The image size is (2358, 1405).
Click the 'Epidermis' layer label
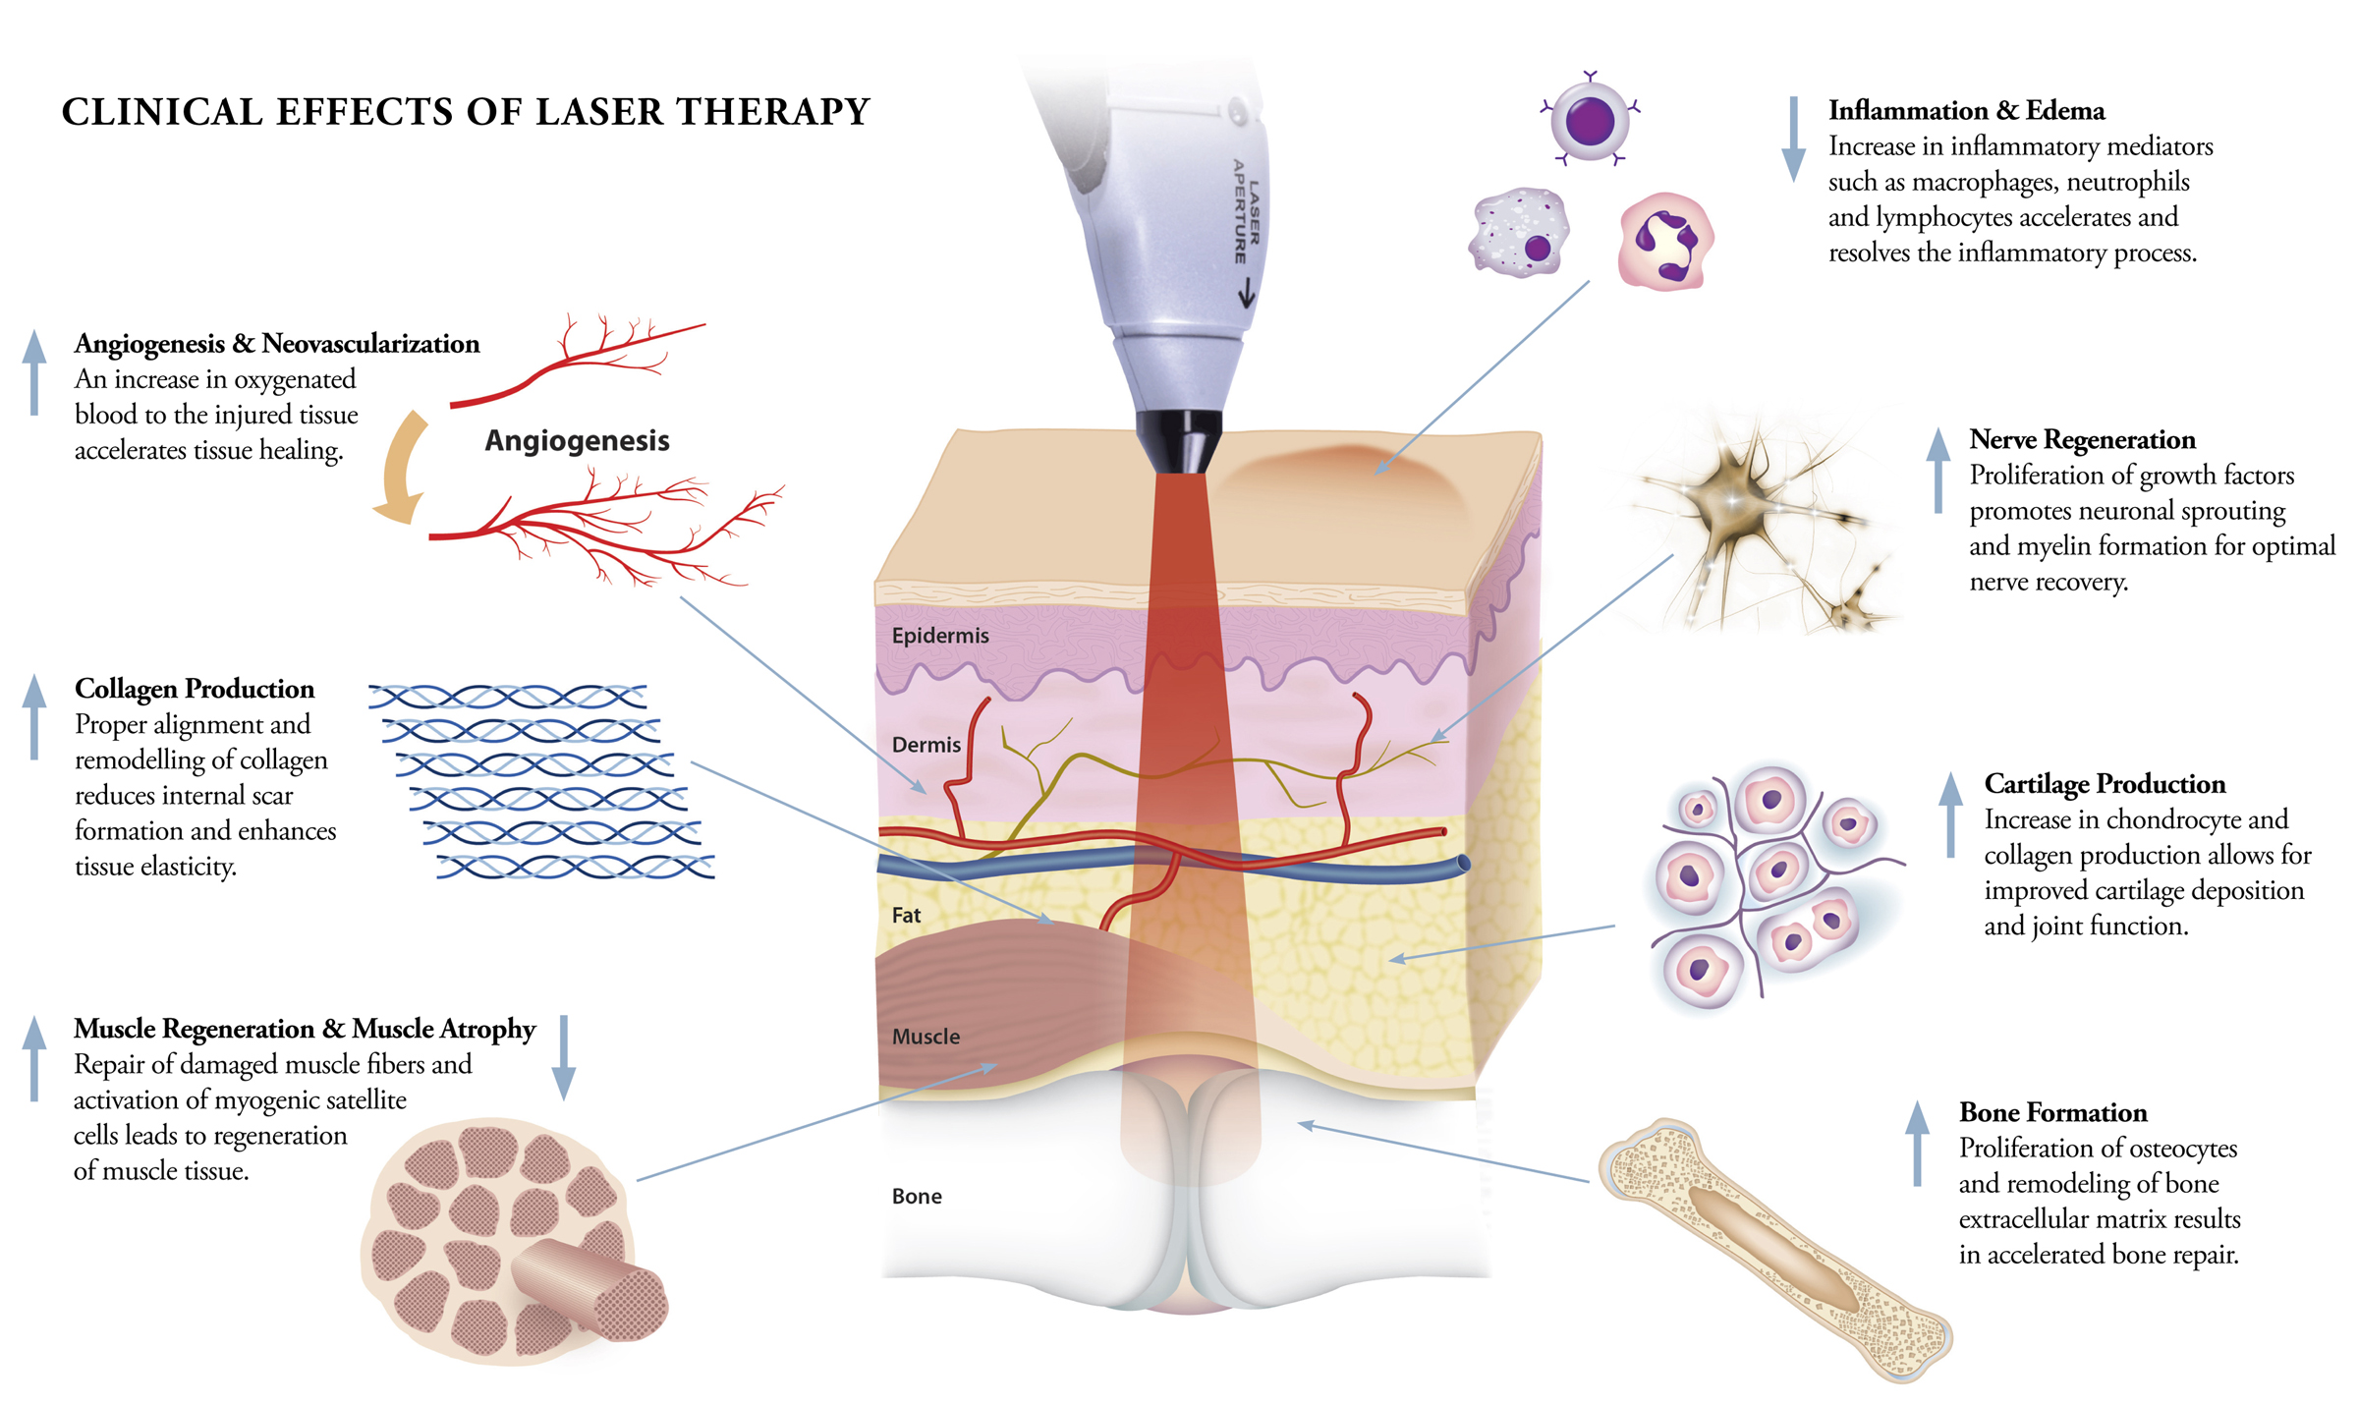939,636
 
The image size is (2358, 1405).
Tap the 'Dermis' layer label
926,745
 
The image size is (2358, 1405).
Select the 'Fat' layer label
906,915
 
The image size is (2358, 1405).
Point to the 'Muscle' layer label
926,1037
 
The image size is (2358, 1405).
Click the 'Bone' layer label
916,1197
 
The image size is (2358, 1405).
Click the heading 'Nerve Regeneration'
2081,439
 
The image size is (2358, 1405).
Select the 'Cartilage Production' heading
2104,784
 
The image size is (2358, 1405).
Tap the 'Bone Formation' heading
2052,1112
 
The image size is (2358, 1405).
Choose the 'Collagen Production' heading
195,689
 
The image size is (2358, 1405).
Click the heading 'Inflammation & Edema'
1966,111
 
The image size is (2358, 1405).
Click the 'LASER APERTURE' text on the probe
1246,212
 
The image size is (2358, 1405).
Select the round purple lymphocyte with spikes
1589,121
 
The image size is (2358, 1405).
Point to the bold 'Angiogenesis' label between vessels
577,440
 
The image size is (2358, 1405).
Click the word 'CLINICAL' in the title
162,112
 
